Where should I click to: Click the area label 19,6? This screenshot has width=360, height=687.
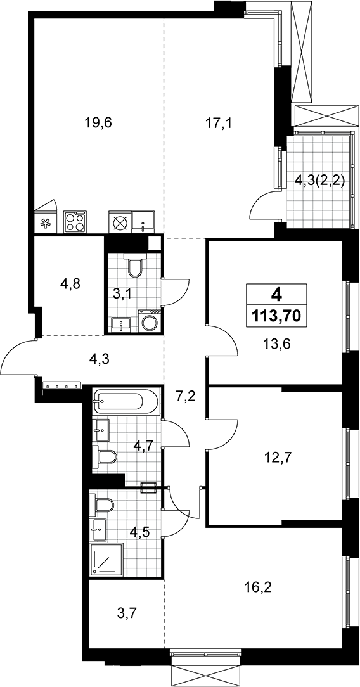coord(98,123)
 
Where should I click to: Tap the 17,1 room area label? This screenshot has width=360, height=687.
coord(218,123)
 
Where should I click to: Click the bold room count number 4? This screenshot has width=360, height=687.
coord(276,294)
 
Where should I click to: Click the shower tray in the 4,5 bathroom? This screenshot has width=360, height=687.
coord(106,560)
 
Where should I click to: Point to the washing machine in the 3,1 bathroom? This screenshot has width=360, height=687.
coord(150,321)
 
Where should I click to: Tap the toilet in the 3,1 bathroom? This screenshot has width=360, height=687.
coord(134,265)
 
